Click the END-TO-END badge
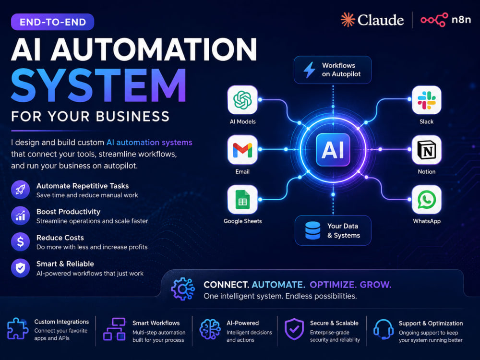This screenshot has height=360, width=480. coord(52,22)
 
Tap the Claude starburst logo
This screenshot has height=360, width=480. coord(348,20)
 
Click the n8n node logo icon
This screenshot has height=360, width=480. coord(434,20)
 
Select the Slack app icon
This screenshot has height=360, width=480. coord(426,100)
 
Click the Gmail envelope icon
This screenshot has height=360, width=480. coord(242,150)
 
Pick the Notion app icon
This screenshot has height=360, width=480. coord(426,150)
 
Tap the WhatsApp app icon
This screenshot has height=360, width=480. coord(426,200)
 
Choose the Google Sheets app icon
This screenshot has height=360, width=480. coord(242,200)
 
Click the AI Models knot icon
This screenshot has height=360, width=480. coord(242,100)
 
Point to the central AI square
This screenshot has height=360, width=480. coord(333,150)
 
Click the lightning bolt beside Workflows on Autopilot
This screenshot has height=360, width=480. coord(309,70)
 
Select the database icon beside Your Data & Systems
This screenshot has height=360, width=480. coord(312,230)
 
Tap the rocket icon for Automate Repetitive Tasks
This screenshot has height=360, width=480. coord(20,190)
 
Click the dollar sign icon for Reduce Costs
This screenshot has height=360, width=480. coord(20,242)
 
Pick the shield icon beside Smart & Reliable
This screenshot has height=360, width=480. coord(20,268)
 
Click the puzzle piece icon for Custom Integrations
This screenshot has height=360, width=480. coord(17,328)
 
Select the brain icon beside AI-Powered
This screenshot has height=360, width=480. coord(210,329)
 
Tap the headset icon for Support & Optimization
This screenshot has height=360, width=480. coord(383,329)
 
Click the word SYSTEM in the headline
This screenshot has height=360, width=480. coord(98,85)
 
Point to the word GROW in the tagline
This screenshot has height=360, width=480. coord(376,285)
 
